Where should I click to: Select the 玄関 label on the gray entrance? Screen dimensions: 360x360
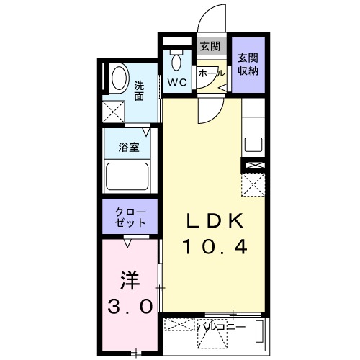coord(210,48)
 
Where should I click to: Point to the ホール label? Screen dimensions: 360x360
coord(211,73)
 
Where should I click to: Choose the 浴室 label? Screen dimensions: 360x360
coord(130,146)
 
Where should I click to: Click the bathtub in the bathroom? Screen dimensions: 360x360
coord(127,176)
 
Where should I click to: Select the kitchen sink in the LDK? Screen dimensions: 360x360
coord(253,143)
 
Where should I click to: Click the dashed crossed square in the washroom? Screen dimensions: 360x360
coord(112,110)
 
